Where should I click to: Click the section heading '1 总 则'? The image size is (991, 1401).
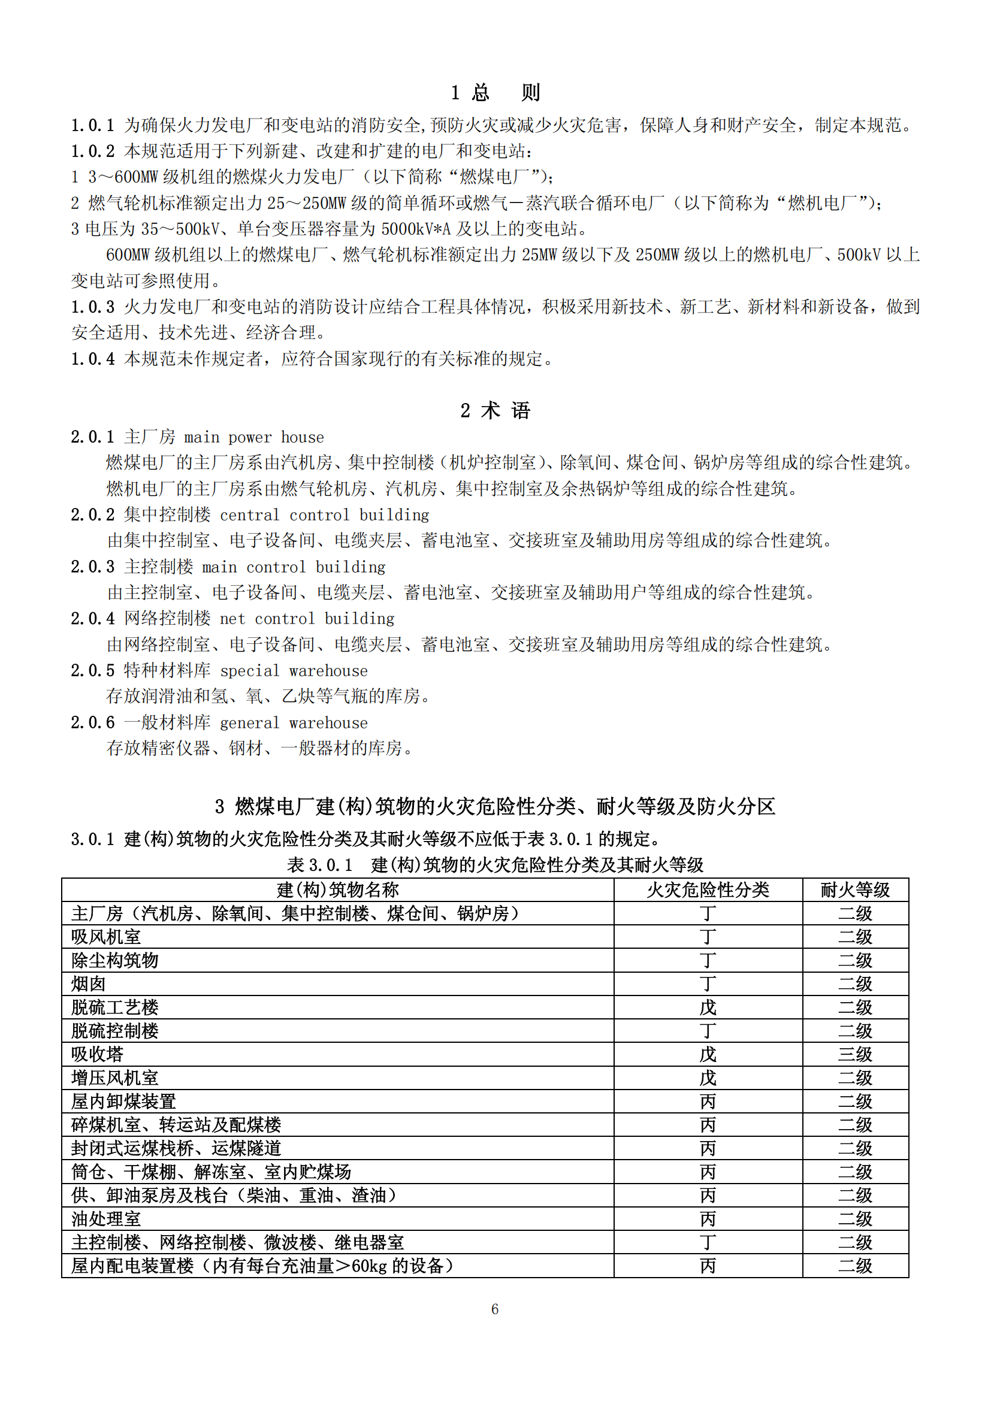495,93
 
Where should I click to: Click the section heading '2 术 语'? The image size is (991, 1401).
495,411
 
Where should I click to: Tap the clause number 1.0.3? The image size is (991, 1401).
93,307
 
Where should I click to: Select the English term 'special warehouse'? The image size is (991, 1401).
294,671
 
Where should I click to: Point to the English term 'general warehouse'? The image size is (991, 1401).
294,723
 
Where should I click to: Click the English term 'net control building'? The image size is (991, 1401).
307,619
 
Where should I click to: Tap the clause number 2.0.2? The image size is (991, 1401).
93,515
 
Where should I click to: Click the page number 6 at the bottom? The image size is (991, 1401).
495,1309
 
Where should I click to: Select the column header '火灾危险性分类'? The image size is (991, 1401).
708,890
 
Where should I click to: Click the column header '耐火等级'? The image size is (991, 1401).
855,890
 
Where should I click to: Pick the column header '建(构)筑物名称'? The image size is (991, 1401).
337,890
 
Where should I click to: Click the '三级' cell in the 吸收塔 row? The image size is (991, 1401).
855,1054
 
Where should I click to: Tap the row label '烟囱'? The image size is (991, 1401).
89,984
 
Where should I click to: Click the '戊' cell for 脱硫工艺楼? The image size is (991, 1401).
708,1007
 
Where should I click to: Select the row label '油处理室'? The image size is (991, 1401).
106,1219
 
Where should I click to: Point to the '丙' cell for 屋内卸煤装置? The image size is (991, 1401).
708,1102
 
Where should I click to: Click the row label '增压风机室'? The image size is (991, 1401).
114,1078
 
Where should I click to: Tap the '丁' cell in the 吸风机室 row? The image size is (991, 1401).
708,937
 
